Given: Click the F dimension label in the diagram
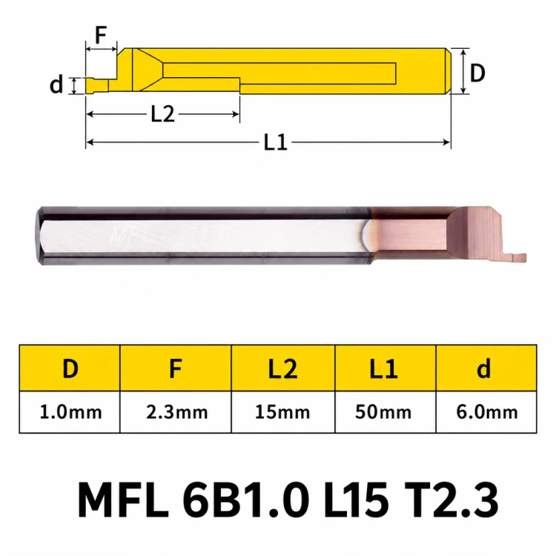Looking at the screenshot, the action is click(x=101, y=35).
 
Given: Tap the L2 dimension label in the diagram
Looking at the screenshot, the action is click(x=163, y=114).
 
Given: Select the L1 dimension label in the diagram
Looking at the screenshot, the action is click(x=276, y=142).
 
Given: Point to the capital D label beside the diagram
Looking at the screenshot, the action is click(x=477, y=73).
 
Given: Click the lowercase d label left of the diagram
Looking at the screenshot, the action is click(x=56, y=85).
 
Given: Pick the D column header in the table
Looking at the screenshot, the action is click(x=70, y=368).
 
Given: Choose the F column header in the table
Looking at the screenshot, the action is click(x=176, y=368).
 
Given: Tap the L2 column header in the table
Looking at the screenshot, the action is click(x=282, y=368).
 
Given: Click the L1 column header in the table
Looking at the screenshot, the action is click(x=384, y=368).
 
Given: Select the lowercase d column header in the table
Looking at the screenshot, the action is click(x=483, y=368).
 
